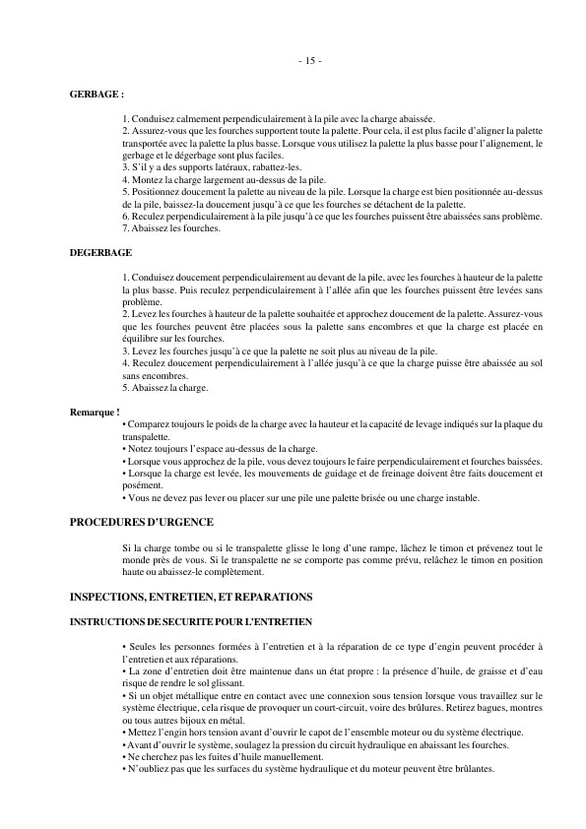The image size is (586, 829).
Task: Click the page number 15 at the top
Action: pos(309,61)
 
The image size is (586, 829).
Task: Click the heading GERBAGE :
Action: pos(97,96)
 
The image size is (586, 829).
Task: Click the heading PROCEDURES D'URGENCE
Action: pos(142,522)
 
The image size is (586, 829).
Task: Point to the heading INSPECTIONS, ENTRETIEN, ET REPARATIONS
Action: pos(191,597)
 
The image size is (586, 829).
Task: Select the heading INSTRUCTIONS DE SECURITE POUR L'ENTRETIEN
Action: pos(191,622)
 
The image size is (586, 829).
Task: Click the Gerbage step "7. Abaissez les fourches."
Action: pos(171,228)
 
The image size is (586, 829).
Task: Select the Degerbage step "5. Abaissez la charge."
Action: pos(165,388)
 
